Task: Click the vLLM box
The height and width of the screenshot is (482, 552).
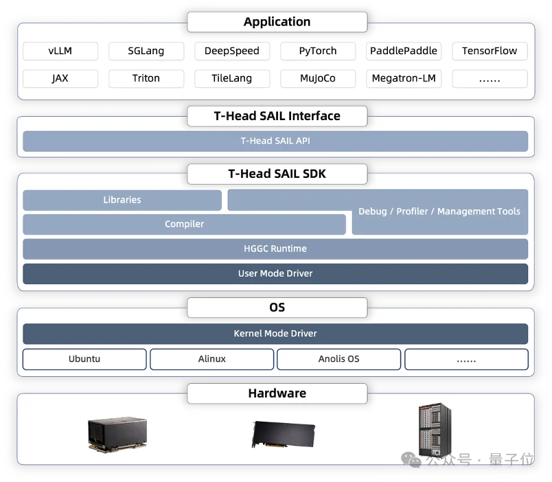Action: click(x=60, y=51)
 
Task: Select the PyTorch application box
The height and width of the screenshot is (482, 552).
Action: click(x=318, y=51)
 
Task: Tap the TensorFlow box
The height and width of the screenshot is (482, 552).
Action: click(x=490, y=51)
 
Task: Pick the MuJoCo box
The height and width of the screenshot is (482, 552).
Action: click(x=318, y=78)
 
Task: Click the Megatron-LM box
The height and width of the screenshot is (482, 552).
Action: click(x=404, y=78)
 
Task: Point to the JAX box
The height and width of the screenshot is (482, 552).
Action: click(x=60, y=78)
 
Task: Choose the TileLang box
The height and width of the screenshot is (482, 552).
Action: click(x=232, y=78)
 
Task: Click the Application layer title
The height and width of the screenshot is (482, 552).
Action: click(x=277, y=22)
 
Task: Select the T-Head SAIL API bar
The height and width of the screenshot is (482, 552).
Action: click(x=275, y=141)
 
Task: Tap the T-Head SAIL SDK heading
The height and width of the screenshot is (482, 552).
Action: click(x=277, y=174)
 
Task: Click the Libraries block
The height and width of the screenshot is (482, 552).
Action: click(x=122, y=200)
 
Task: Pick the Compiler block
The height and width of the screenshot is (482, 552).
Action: click(x=184, y=225)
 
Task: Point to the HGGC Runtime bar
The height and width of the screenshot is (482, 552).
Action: click(x=275, y=249)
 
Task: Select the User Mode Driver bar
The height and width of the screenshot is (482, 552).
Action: click(x=275, y=273)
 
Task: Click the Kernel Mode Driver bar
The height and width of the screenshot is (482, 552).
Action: click(x=275, y=334)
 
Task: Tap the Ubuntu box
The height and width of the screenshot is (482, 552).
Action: click(x=84, y=359)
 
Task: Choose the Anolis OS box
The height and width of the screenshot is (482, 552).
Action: click(x=339, y=359)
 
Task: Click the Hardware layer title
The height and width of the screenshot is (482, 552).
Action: click(x=277, y=393)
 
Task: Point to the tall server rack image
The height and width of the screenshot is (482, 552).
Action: click(x=435, y=431)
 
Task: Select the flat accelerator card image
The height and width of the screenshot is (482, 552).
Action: click(x=284, y=435)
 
